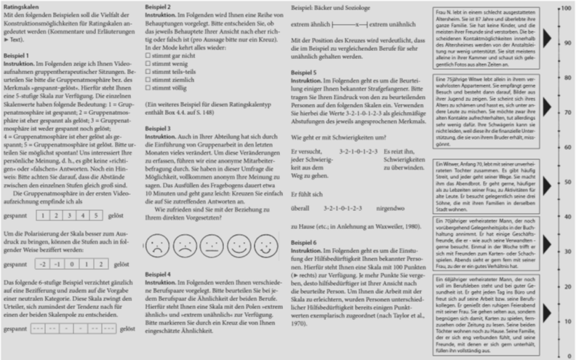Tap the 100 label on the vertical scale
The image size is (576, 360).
[565, 7]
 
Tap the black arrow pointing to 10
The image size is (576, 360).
[547, 313]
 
